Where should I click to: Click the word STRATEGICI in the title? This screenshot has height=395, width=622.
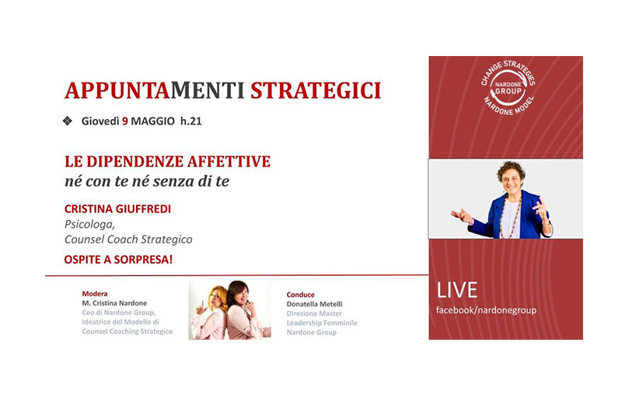316,90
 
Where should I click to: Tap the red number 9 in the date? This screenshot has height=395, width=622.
125,121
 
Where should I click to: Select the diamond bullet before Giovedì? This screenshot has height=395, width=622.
68,121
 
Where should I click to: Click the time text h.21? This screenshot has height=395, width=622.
191,121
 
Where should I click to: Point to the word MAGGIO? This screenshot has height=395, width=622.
152,121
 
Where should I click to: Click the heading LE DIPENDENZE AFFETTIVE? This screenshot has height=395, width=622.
167,162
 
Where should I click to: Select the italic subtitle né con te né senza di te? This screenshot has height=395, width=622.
147,181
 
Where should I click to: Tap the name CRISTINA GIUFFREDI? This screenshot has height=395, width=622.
118,209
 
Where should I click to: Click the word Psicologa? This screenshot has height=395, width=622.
89,225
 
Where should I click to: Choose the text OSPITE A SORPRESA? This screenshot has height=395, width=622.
118,260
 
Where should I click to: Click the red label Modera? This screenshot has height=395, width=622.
95,294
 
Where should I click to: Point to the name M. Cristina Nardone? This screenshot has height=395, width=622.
114,303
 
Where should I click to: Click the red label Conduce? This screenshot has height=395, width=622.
301,295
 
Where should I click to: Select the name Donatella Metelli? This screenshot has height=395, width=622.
315,304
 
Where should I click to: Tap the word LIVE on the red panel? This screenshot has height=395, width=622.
457,290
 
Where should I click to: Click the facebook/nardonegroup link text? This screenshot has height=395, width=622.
487,310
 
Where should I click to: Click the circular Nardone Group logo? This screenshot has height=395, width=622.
508,88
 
